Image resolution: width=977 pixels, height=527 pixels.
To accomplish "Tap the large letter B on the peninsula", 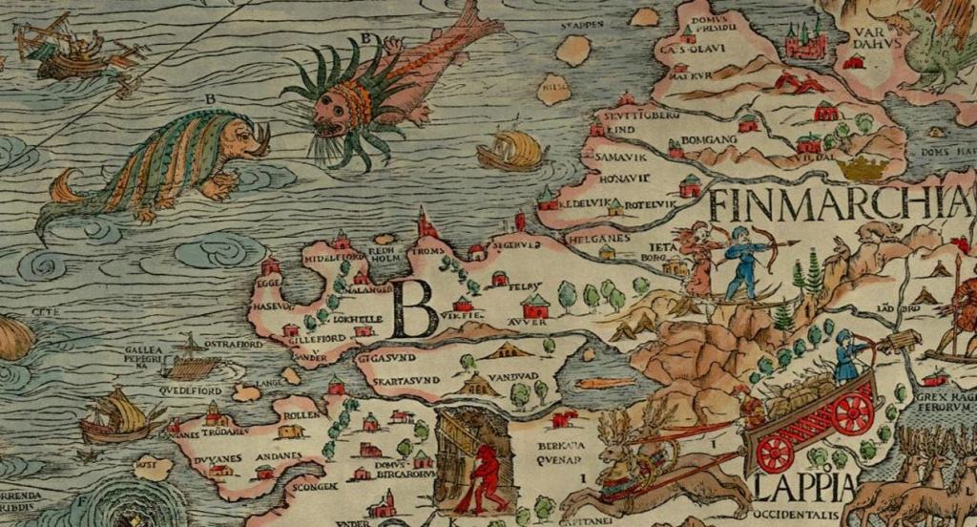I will pos(415,308).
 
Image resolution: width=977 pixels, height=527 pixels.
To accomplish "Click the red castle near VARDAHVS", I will pos(803,43).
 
